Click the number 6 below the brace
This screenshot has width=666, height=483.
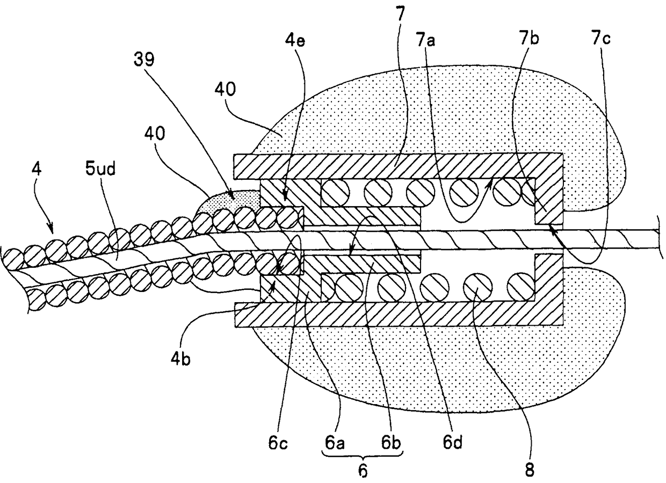[x=363, y=471]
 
